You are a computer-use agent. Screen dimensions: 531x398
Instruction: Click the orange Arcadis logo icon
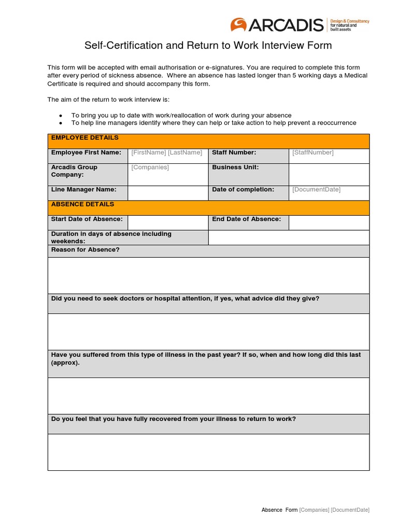239,24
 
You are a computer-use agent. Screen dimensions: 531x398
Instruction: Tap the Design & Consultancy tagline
350,24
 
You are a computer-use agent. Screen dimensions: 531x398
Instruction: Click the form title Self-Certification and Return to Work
208,46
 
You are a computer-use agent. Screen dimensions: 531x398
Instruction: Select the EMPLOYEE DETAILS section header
85,138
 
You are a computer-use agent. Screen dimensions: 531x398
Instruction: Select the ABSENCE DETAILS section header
82,204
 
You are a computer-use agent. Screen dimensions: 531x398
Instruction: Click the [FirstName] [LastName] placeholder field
167,152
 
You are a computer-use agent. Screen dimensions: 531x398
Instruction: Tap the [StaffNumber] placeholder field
313,152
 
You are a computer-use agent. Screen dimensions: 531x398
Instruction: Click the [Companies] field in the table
150,167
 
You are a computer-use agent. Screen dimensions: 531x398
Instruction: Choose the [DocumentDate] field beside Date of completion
316,190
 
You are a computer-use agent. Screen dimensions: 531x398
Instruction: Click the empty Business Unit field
329,174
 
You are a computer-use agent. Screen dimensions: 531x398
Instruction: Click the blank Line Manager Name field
167,193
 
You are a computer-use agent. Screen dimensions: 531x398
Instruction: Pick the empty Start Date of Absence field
167,222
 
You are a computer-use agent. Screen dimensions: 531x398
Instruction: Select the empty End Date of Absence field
329,222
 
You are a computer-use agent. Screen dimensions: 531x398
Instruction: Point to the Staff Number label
234,152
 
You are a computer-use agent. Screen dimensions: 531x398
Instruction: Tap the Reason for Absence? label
86,250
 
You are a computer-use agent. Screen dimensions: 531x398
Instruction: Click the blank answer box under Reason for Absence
208,275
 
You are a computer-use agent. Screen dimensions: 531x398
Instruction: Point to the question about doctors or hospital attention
185,299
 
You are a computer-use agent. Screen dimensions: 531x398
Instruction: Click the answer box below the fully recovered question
208,452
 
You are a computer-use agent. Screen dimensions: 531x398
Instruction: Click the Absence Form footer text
279,510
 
